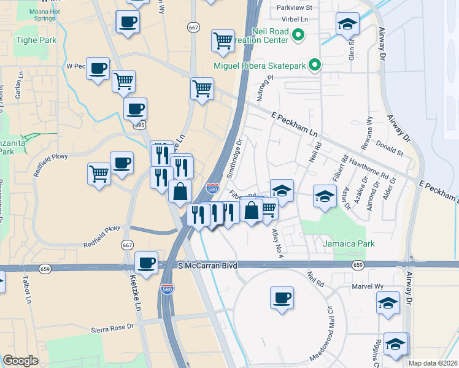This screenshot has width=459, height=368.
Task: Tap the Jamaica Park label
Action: (349, 243)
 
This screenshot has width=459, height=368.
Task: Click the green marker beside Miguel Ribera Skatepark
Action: (315, 64)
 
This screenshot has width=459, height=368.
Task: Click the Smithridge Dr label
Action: (235, 157)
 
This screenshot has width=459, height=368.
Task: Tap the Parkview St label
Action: (295, 8)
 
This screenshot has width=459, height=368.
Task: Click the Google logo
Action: (20, 361)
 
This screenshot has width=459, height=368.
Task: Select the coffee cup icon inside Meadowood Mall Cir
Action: (282, 298)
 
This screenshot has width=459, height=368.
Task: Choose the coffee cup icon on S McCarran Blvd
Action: (146, 263)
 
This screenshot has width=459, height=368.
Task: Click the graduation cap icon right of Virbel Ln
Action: (348, 25)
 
